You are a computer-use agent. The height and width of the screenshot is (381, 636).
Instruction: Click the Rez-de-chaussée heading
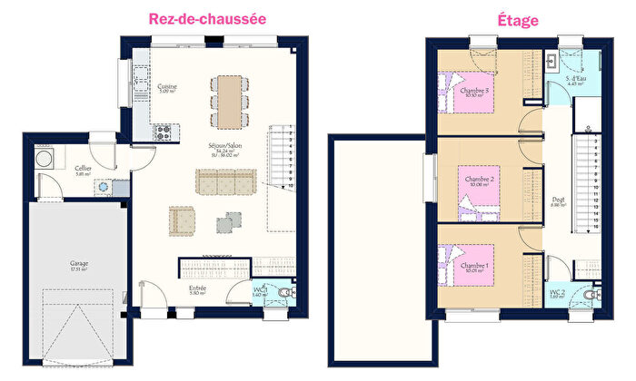coord(208,18)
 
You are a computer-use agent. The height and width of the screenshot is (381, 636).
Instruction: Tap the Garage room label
coord(80,265)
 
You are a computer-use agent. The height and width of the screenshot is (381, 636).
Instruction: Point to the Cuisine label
coord(167,88)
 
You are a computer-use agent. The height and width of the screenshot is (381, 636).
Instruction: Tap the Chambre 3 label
coord(473,92)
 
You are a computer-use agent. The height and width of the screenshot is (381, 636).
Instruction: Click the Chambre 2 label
coord(479,181)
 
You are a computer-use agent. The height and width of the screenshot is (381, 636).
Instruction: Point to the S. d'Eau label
coord(575,80)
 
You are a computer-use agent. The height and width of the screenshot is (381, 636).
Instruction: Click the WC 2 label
coord(558,293)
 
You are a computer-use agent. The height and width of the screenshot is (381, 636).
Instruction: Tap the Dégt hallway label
coord(558,201)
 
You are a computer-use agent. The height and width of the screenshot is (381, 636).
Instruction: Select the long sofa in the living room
coord(226,181)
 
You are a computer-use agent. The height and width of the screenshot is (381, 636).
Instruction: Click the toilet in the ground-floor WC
coord(287,291)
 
